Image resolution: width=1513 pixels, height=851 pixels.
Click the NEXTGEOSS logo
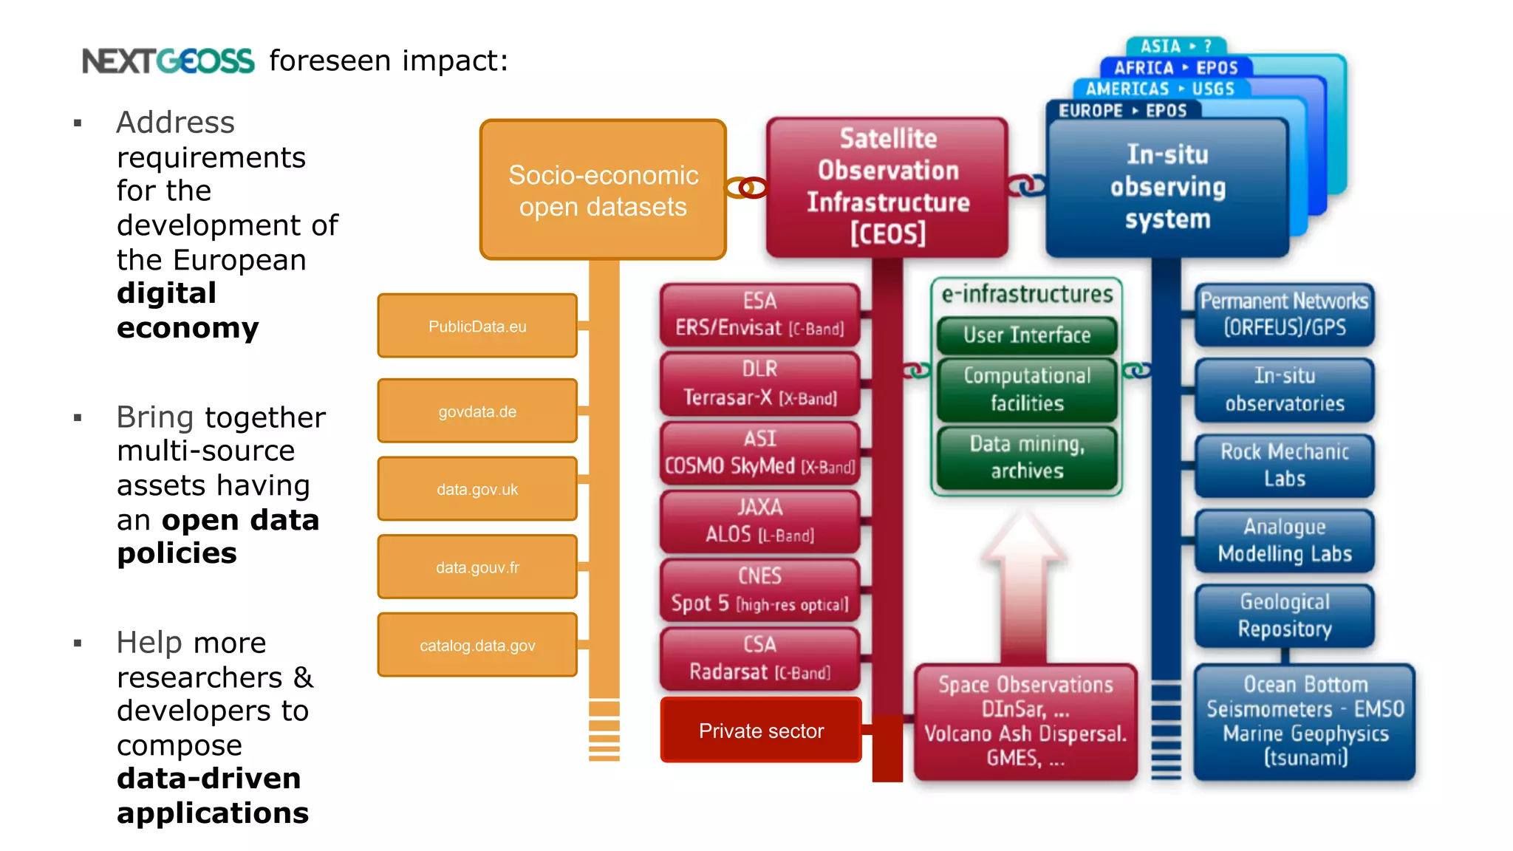tap(168, 61)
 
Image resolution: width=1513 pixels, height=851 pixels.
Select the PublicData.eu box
tap(477, 326)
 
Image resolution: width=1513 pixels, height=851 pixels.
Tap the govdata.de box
tap(477, 411)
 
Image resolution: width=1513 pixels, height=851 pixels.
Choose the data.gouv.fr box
tap(477, 567)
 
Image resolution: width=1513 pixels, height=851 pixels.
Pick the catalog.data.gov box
tap(477, 645)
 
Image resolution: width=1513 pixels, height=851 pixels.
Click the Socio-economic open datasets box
tap(603, 190)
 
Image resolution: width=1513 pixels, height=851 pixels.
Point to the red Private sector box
tap(761, 731)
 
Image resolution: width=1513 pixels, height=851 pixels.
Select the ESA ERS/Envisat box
tap(759, 315)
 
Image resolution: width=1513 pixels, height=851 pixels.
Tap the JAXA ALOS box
tap(759, 521)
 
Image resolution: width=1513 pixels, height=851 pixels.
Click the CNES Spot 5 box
tap(759, 589)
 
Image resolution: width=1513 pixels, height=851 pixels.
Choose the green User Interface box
tap(1027, 335)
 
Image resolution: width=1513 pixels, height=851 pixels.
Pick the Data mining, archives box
tap(1027, 457)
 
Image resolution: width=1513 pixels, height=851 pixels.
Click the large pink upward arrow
tap(1024, 584)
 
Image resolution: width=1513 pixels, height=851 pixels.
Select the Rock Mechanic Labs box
tap(1285, 465)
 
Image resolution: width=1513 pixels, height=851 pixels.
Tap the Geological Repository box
tap(1285, 615)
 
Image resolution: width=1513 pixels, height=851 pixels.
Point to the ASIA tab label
tap(1175, 47)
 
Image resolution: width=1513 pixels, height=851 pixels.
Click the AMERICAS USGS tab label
tap(1160, 89)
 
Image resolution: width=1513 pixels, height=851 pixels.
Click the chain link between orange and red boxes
tap(746, 188)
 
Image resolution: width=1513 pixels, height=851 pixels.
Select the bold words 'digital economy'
tap(188, 310)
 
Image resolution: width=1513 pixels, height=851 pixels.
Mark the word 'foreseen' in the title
tap(330, 61)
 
